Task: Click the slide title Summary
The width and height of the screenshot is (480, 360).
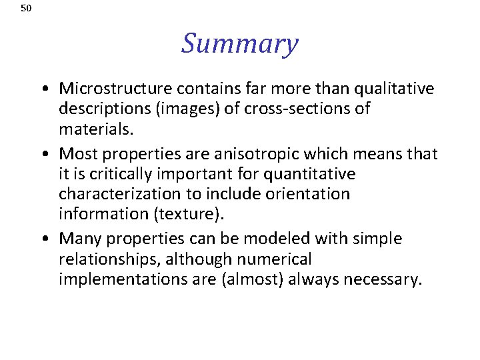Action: click(x=239, y=44)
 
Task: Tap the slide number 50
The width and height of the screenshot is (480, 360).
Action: click(x=26, y=9)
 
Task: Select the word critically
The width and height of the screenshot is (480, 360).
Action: click(x=124, y=174)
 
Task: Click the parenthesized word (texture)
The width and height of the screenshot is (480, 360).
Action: click(x=173, y=213)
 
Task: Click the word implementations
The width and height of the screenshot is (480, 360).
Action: click(x=115, y=279)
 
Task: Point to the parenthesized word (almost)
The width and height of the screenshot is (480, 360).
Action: click(x=245, y=279)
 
